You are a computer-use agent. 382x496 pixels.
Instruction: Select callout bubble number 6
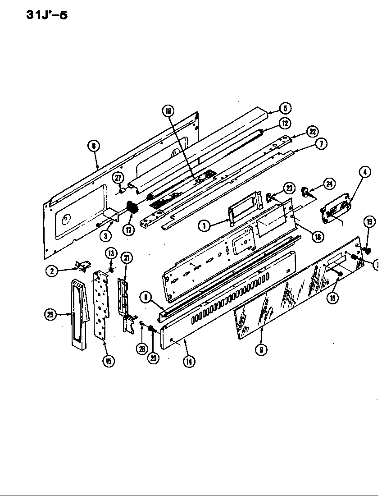click(x=94, y=146)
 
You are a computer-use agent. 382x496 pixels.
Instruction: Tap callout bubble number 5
click(x=285, y=108)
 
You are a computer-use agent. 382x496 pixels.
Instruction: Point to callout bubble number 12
click(x=284, y=123)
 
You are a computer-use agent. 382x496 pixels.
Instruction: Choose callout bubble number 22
click(x=312, y=132)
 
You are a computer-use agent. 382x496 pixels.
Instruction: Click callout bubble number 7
click(x=321, y=144)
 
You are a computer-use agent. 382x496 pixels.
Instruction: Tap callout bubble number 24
click(x=330, y=183)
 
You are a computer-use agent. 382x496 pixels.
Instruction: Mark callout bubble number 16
click(x=318, y=236)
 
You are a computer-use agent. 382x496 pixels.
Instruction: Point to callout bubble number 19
click(x=369, y=221)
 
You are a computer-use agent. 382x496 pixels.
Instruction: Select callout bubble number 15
click(x=108, y=361)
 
